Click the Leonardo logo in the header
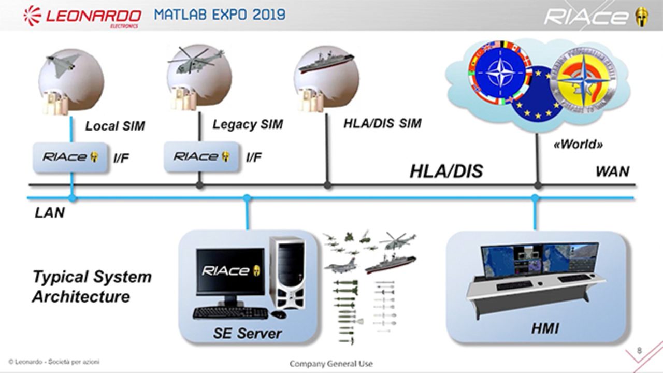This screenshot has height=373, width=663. click(82, 16)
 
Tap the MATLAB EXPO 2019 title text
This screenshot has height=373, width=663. click(220, 14)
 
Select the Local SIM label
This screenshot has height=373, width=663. click(115, 126)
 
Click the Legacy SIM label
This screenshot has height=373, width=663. click(248, 125)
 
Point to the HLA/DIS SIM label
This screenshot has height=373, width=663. click(382, 124)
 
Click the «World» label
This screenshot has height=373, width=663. click(578, 145)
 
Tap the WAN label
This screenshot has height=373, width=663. click(612, 171)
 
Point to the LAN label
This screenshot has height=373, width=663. click(50, 212)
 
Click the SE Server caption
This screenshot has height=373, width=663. click(247, 333)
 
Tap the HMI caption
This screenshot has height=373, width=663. click(545, 328)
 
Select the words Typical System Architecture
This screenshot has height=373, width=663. click(92, 286)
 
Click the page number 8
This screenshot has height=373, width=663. click(639, 351)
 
